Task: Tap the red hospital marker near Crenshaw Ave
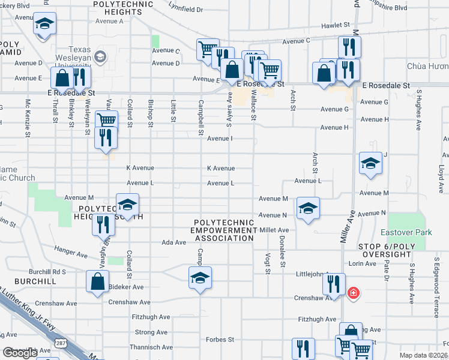coord(354,293)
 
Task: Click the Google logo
coord(19,353)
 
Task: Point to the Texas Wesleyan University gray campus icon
coord(100,57)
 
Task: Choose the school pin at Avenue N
coord(309,208)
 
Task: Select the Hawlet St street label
coord(335,25)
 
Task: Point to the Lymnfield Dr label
coord(186,10)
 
